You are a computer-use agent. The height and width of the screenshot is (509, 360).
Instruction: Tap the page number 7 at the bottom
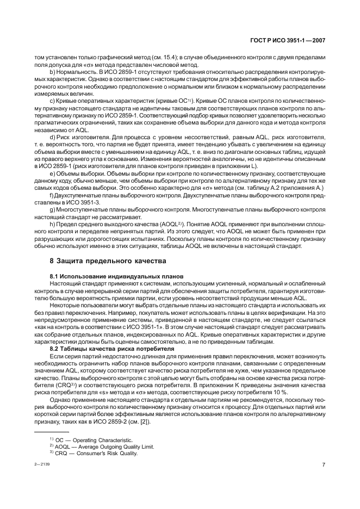pyautogui.click(x=323, y=465)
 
